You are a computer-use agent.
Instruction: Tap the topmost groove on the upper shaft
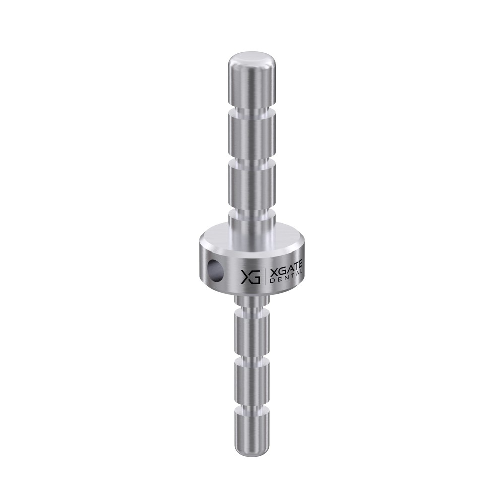(252, 111)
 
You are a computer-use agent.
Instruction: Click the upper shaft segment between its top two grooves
(252, 137)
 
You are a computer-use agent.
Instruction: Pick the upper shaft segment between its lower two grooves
(252, 185)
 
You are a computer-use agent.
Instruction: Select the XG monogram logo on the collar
(250, 276)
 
